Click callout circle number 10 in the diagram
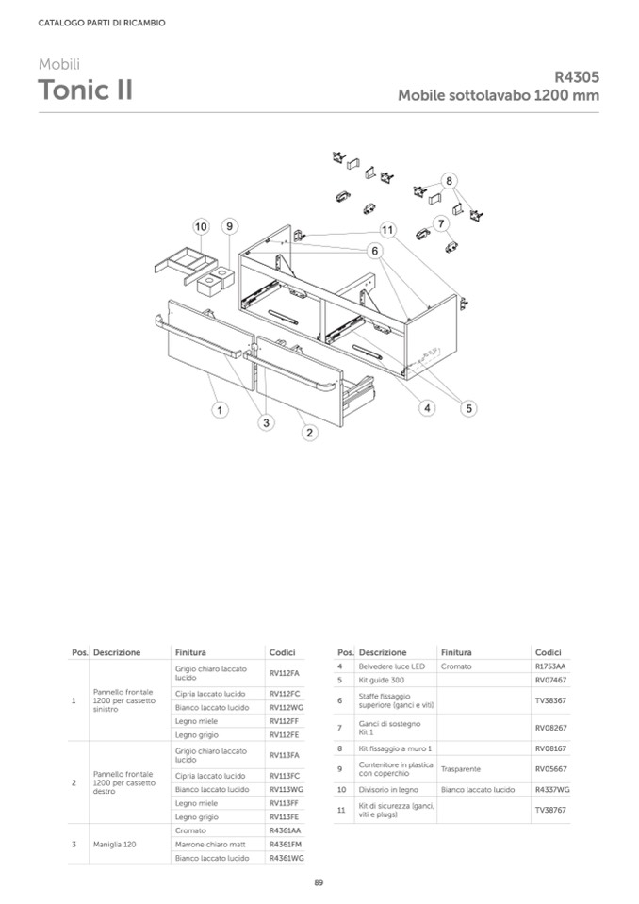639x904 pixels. coord(201,226)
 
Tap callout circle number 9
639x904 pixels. coord(229,226)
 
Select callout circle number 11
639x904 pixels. coord(387,231)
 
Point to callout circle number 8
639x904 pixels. coord(449,180)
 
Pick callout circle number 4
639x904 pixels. coord(427,408)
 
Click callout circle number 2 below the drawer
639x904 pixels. coord(309,433)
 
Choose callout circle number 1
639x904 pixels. coord(220,410)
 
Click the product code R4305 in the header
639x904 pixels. coord(577,77)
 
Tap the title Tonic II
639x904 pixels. coord(85,90)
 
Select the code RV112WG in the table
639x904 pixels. coord(287,707)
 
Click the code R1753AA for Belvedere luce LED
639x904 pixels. coord(550,666)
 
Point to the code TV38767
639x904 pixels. coord(550,810)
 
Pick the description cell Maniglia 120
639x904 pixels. coord(115,845)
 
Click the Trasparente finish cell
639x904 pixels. coord(460,769)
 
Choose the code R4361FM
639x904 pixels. coord(286,845)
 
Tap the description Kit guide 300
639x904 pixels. coord(382,681)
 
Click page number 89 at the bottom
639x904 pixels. coord(319,882)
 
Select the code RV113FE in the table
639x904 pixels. coord(284,817)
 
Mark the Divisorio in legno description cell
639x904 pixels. coord(388,790)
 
